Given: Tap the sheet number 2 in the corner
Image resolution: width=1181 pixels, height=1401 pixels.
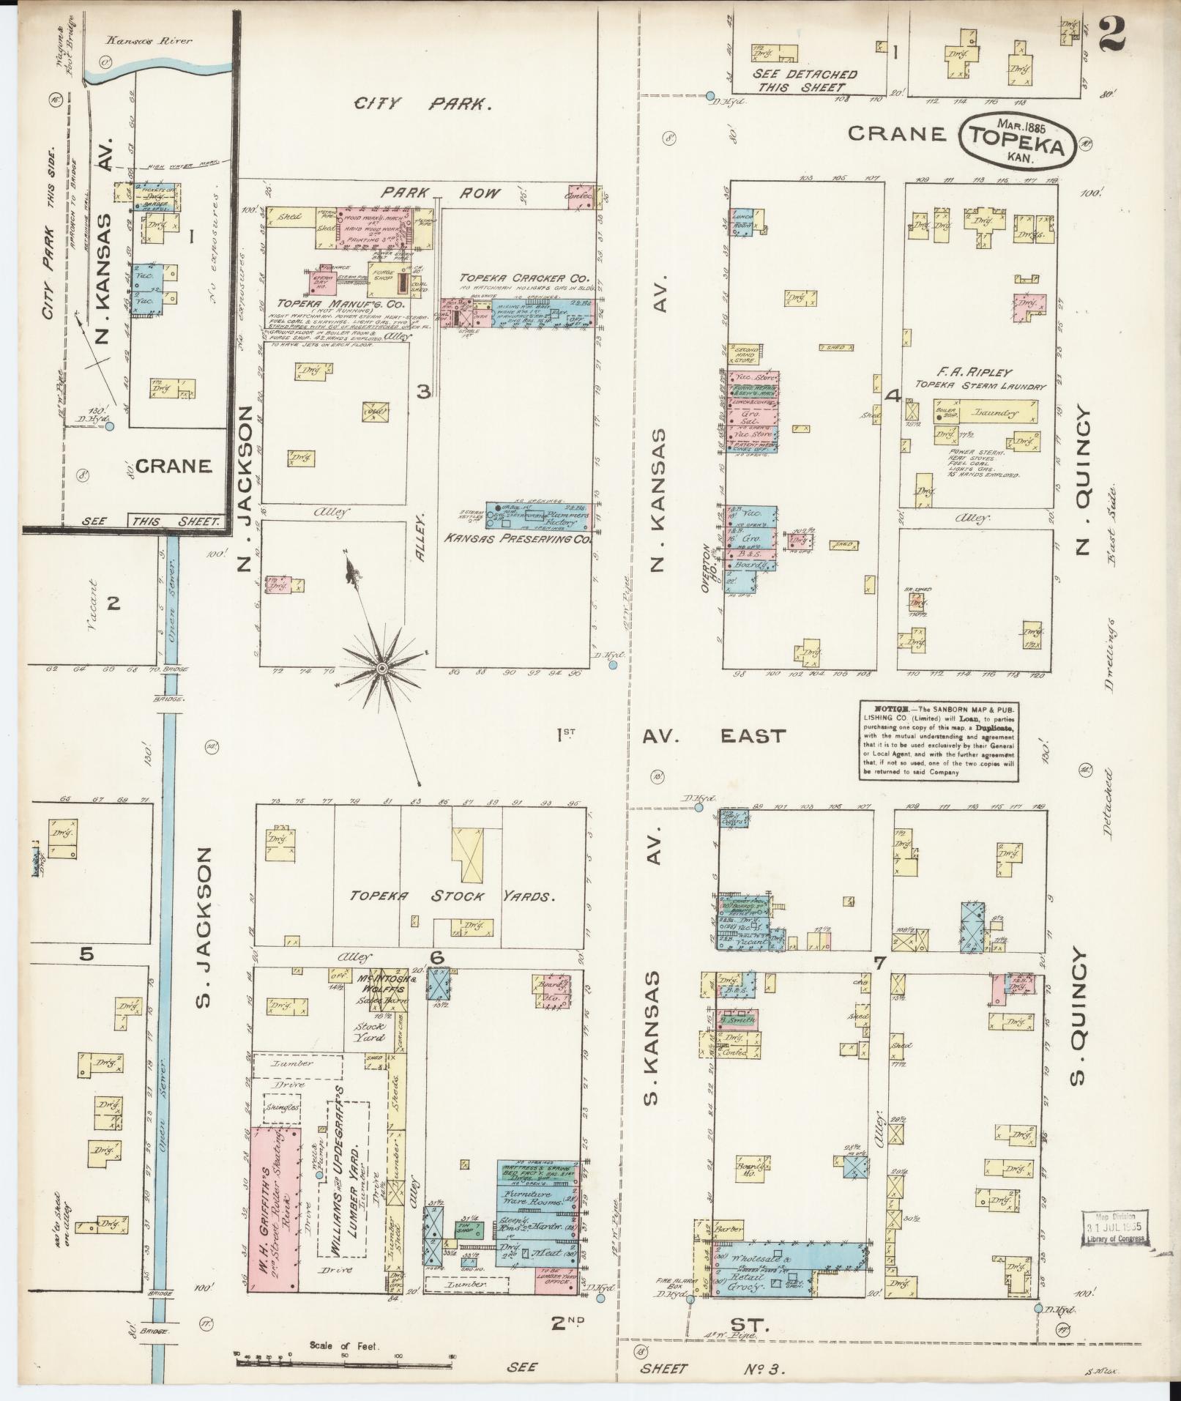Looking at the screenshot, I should (x=1111, y=34).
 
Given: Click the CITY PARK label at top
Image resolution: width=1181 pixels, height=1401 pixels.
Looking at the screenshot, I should (x=422, y=104).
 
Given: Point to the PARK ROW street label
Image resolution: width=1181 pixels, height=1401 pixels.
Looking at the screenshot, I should (x=440, y=193).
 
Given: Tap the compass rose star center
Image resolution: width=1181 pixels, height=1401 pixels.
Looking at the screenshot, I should (x=381, y=668).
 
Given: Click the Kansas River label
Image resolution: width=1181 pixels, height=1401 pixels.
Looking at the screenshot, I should (x=146, y=41).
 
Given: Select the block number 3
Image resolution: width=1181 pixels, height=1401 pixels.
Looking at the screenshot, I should (x=423, y=392).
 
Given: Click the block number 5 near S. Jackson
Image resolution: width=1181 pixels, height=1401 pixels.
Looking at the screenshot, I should (x=88, y=953).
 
